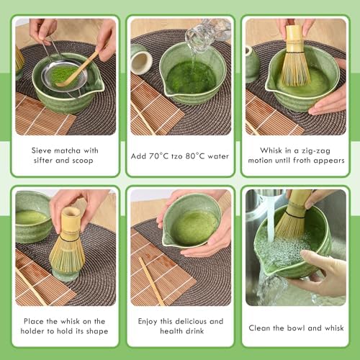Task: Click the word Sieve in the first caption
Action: [x=45, y=150]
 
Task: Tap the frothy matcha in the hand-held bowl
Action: [x=193, y=227]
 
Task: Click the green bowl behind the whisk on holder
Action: [x=32, y=216]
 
